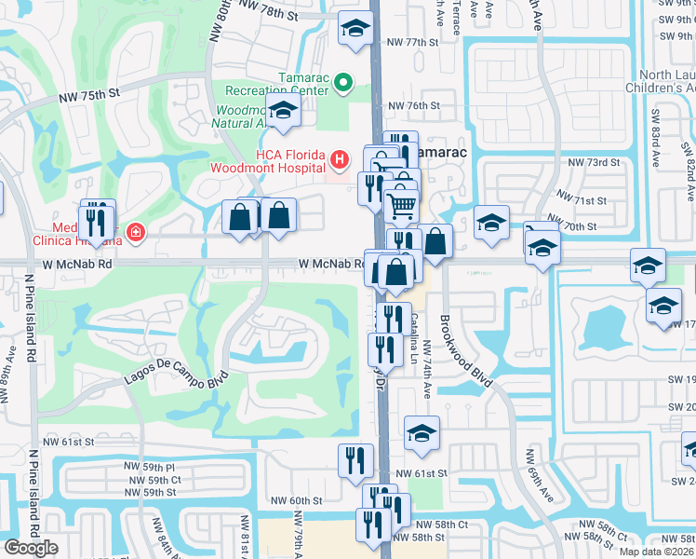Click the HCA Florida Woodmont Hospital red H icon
[x=340, y=160]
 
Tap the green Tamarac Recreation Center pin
[x=342, y=84]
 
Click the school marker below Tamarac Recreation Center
[x=283, y=110]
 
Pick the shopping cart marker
[x=401, y=203]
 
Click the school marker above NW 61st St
[x=422, y=432]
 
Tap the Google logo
[x=30, y=548]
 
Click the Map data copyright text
[x=656, y=551]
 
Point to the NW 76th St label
[x=413, y=105]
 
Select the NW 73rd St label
[x=596, y=163]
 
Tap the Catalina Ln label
[x=413, y=334]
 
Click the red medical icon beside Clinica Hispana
[x=136, y=230]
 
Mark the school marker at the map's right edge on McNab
[x=648, y=265]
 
